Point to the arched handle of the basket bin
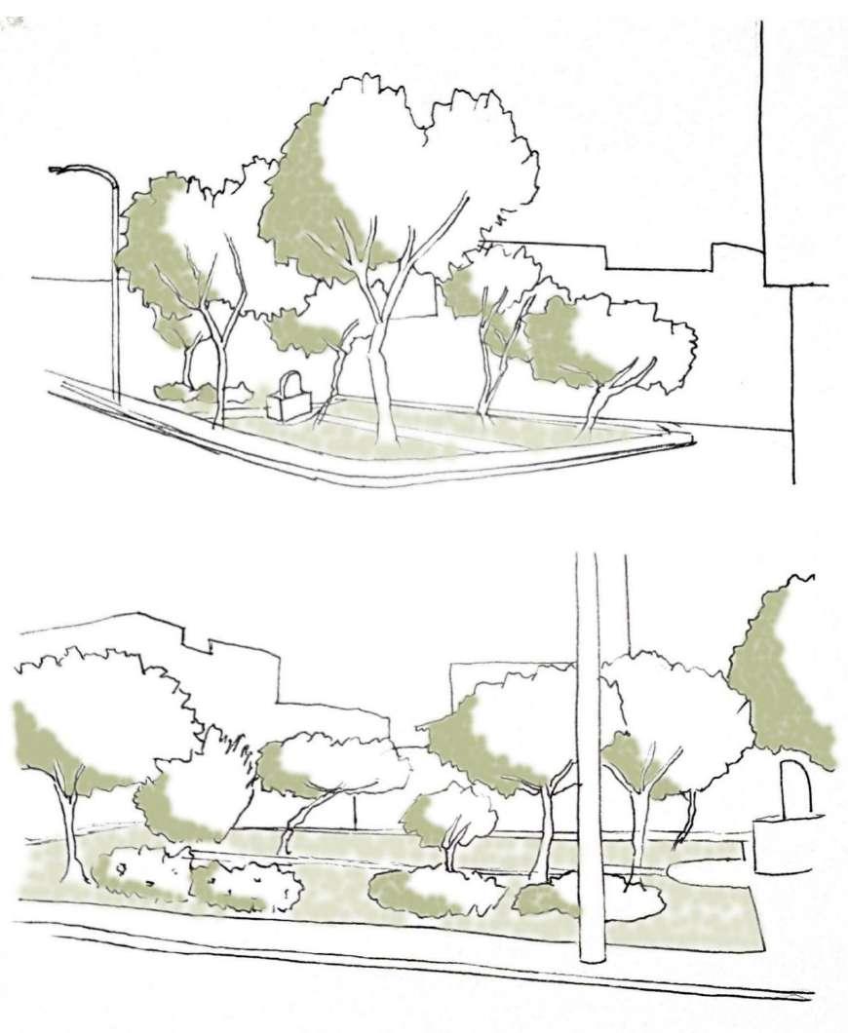click(x=289, y=381)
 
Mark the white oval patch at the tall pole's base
click(x=634, y=901)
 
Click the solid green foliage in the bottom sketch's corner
click(x=780, y=682)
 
